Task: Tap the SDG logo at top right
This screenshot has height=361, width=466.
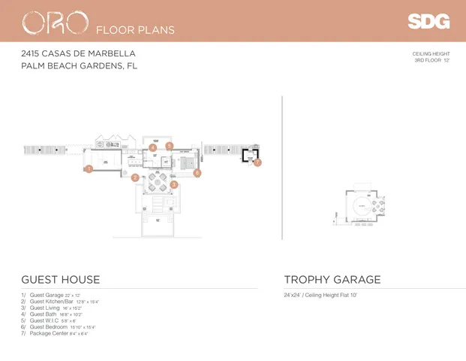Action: point(428,22)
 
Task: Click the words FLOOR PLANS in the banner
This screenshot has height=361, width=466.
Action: point(136,30)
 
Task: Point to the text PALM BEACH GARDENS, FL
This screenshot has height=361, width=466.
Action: point(79,65)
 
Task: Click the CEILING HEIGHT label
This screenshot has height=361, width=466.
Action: point(431,53)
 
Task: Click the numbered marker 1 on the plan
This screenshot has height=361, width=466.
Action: point(89,169)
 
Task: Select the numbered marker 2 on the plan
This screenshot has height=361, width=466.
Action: point(135,178)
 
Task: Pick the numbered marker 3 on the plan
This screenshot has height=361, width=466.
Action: point(173,184)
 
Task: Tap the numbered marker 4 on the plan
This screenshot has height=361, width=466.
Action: point(153,147)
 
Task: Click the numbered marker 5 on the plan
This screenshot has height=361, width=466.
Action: point(170,145)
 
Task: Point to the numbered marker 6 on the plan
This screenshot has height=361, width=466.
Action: point(197,173)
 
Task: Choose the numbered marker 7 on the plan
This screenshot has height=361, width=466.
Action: point(257,162)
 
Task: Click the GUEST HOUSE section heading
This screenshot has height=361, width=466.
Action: point(60,280)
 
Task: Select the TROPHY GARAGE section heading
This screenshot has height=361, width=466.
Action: point(332,280)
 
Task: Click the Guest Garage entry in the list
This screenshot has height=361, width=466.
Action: point(55,295)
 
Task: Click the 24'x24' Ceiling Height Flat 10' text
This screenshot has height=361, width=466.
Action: point(320,295)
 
